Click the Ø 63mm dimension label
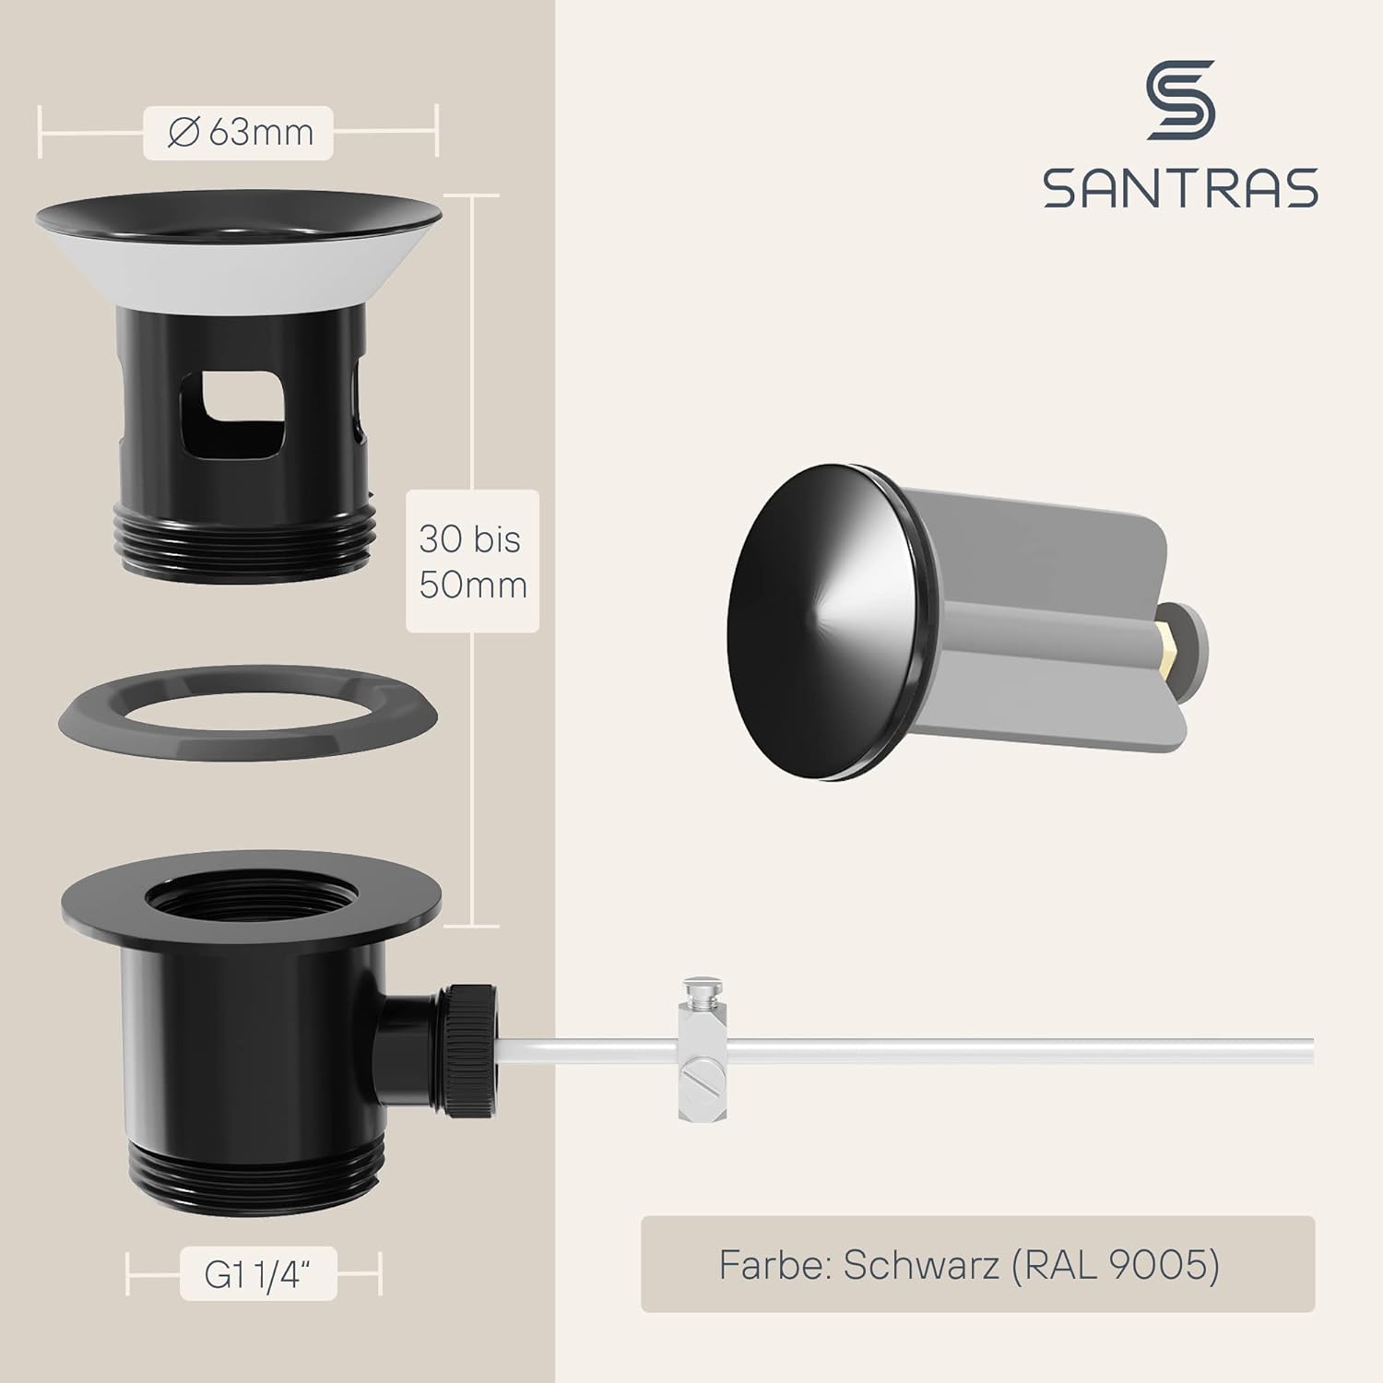click(238, 134)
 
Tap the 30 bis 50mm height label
click(472, 561)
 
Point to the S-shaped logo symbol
click(1180, 100)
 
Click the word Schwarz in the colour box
click(921, 1265)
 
